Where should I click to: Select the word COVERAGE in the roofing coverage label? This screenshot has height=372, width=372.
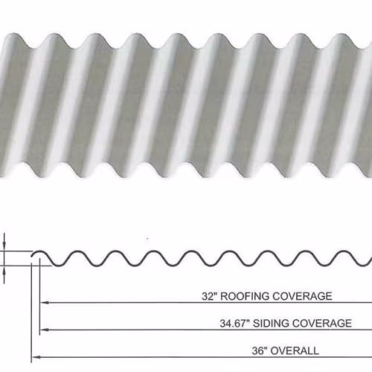[302, 296]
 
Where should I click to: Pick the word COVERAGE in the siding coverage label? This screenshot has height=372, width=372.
[322, 324]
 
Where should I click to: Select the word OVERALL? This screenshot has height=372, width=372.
[295, 350]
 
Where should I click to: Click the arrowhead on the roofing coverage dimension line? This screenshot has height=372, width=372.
[45, 303]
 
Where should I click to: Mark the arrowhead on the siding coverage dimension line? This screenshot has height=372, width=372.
[45, 330]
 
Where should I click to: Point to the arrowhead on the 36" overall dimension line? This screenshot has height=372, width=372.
[36, 357]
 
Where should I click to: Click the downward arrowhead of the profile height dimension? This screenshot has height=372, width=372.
[4, 246]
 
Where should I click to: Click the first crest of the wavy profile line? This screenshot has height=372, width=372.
[39, 251]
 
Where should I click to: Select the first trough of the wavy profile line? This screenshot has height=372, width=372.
[59, 266]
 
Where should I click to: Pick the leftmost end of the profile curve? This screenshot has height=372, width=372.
[32, 257]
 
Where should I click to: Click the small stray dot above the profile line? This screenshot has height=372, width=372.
[147, 239]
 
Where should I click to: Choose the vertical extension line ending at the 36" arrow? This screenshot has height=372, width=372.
[31, 312]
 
